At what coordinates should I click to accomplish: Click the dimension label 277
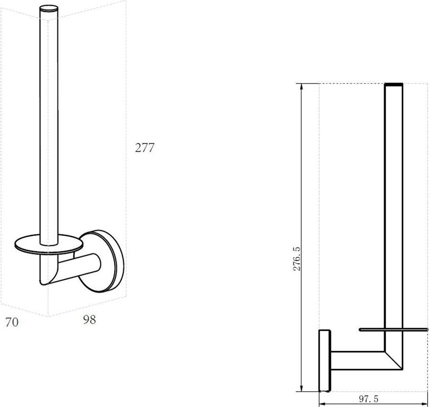click(144, 148)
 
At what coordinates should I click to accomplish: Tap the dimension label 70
click(12, 322)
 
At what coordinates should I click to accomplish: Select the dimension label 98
click(89, 319)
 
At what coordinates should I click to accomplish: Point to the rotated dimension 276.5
click(297, 259)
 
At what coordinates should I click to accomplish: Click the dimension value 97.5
click(368, 399)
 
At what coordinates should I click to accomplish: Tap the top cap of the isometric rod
click(49, 8)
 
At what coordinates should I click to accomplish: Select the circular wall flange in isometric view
click(102, 261)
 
